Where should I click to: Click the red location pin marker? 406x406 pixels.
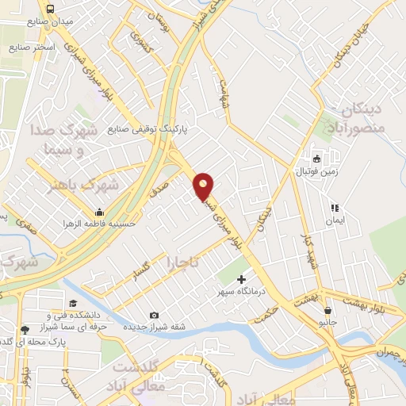pos(204,187)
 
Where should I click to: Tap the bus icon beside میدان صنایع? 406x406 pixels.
pos(50,8)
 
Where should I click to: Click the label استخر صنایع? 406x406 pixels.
pos(36,48)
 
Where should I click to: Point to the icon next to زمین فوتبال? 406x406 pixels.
pos(316,158)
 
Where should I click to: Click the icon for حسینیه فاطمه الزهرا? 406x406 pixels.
pos(99,212)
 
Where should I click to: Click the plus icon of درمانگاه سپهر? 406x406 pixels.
pos(242,280)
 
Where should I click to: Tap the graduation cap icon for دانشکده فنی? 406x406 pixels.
pos(73,303)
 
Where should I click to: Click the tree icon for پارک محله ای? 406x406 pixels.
pos(25,329)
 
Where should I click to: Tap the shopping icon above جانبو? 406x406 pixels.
pos(327,311)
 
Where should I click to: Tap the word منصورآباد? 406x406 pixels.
pos(354,127)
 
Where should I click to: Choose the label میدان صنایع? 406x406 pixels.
pos(71,22)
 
